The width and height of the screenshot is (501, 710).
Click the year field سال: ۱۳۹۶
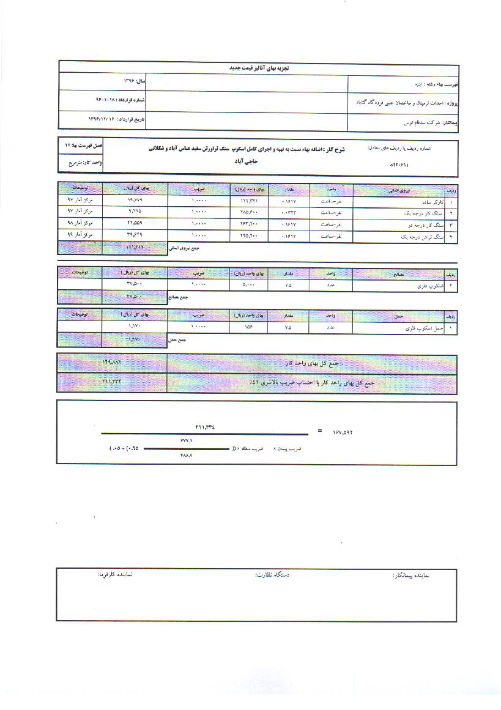click(x=133, y=81)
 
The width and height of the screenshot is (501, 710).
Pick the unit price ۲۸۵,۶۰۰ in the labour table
click(x=248, y=212)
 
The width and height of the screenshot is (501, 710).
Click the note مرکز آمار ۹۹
click(x=80, y=234)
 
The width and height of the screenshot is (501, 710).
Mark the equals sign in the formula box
click(x=319, y=431)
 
